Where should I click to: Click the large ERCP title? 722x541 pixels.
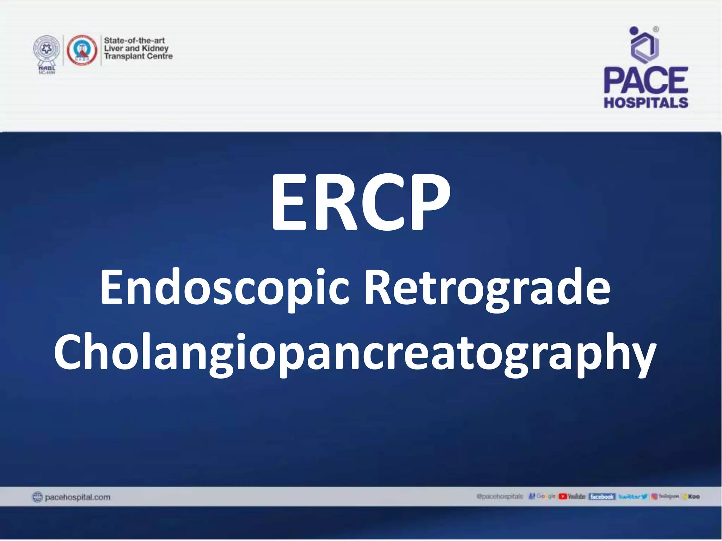(x=360, y=203)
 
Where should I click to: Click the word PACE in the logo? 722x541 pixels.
(x=646, y=80)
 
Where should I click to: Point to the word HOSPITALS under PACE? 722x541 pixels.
(x=646, y=102)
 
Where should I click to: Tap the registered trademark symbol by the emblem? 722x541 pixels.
(x=656, y=30)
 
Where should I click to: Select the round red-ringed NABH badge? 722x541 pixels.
(x=82, y=50)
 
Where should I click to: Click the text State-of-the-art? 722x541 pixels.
(x=134, y=41)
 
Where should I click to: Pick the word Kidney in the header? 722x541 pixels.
(x=155, y=48)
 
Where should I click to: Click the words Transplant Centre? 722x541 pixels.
(x=138, y=56)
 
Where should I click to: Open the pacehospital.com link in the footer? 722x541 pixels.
(x=78, y=497)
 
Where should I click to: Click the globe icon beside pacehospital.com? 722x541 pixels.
(x=37, y=497)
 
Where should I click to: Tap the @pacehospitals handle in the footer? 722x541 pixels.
(x=500, y=497)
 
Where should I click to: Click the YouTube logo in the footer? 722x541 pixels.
(x=572, y=497)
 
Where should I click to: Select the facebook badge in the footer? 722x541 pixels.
(x=602, y=497)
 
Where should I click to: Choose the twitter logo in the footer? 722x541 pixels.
(x=633, y=497)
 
